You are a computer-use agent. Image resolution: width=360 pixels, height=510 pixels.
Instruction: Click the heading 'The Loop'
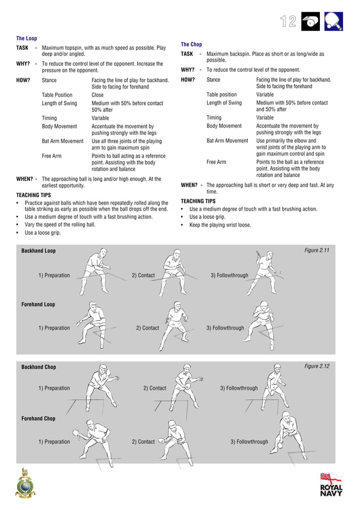click(27, 38)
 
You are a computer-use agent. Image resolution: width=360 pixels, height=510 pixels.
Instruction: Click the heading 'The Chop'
click(191, 44)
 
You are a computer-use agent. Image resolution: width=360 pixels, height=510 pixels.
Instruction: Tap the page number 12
click(288, 21)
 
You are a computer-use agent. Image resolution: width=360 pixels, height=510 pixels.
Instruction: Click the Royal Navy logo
click(331, 485)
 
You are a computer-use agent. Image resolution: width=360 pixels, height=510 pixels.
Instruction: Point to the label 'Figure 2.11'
click(317, 250)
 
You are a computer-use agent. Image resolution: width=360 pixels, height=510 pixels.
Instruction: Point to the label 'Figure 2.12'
click(317, 367)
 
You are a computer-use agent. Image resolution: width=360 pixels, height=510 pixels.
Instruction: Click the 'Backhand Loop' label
click(38, 251)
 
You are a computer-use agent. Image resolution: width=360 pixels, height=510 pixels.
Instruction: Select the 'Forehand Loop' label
click(38, 304)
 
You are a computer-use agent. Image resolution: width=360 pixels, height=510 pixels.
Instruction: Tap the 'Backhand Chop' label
click(38, 367)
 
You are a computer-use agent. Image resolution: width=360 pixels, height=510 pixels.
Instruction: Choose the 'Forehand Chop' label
click(38, 419)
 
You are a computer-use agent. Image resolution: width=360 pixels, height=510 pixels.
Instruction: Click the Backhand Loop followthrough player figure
click(262, 272)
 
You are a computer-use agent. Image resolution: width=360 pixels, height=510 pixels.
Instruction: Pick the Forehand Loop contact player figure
click(175, 324)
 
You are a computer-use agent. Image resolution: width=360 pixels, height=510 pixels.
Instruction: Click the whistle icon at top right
click(310, 21)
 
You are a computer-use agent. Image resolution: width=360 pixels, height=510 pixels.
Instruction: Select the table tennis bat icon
click(333, 21)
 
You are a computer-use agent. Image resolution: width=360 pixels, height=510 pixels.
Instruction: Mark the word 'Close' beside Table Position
click(98, 95)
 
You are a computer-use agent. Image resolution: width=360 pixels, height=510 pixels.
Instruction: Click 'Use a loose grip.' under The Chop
click(207, 217)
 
